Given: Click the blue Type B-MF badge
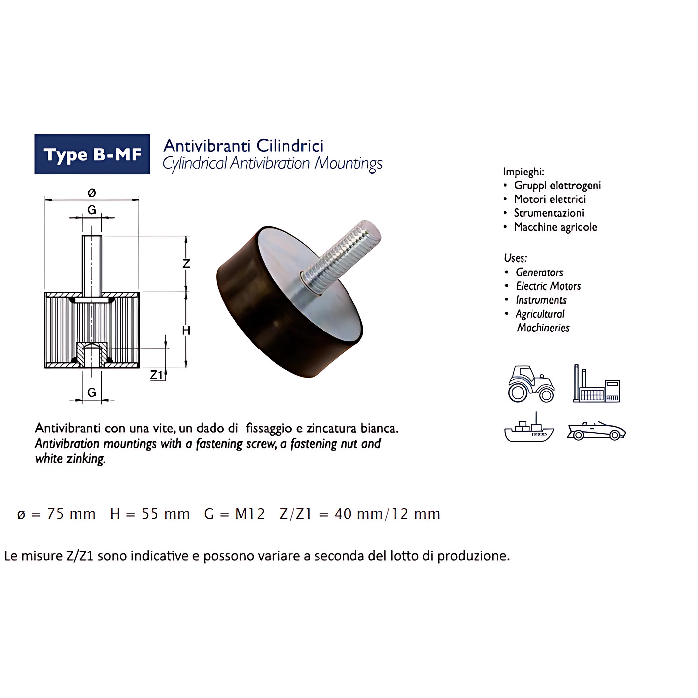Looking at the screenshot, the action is pos(92,154).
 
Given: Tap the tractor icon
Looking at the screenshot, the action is pos(531,384).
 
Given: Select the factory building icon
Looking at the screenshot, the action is pos(596,383).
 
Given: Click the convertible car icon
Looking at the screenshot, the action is pos(596,431).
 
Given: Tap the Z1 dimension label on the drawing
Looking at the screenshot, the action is pos(156,375).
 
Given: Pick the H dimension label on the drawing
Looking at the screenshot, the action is pos(186,330).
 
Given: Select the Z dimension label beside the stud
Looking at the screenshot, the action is pos(186,263).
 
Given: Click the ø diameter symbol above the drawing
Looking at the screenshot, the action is pos(92,193).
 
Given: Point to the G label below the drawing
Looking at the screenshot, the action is pos(92,392).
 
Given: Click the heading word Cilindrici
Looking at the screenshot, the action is pos(290,146).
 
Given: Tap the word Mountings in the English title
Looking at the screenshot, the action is pos(349,164).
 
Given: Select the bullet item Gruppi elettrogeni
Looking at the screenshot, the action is pos(557,186).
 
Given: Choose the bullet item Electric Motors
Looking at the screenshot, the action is pos(548,286).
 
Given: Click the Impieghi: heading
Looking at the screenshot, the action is pos(523,172).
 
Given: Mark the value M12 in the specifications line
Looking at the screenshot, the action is pos(250,514).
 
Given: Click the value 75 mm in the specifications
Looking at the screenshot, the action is pos(71,514).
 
